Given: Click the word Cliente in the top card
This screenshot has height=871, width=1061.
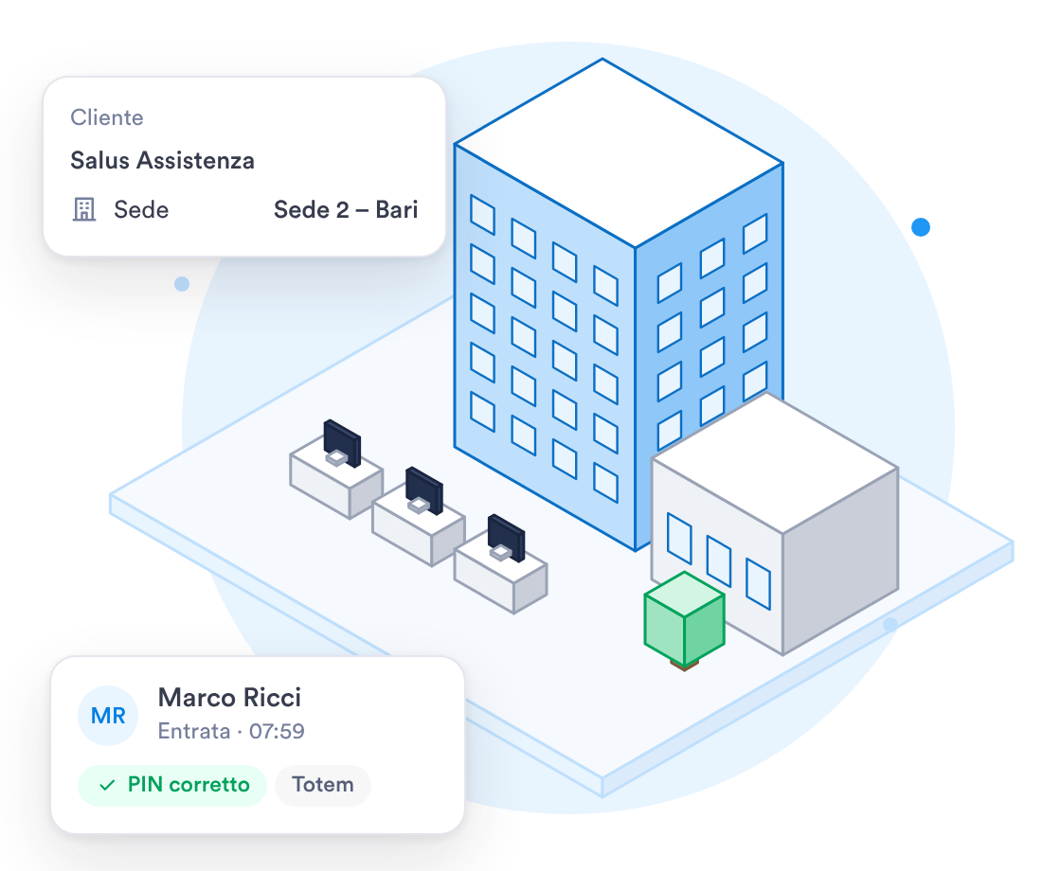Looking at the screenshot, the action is click(107, 117).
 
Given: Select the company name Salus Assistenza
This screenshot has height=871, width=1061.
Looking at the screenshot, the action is click(162, 160).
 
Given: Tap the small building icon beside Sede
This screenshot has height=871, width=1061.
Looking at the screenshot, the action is click(84, 209).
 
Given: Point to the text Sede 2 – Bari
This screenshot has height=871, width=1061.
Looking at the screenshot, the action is click(346, 209).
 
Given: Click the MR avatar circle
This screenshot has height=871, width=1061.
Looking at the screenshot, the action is click(108, 716).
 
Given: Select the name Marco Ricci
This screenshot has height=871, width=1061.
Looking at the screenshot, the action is click(229, 697).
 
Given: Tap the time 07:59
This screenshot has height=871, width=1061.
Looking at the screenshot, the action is click(277, 731).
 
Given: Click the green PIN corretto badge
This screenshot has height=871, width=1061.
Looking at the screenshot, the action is click(172, 785).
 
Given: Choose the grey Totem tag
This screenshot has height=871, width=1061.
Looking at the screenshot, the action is click(323, 785).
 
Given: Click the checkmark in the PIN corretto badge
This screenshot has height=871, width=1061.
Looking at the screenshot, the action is click(107, 785).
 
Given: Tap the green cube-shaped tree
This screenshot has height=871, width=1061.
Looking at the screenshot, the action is click(684, 616).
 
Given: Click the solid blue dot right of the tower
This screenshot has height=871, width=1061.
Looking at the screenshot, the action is click(920, 227).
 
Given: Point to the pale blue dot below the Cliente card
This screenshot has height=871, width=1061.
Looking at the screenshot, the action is click(181, 284).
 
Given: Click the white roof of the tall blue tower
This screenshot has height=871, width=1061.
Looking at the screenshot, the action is click(619, 153).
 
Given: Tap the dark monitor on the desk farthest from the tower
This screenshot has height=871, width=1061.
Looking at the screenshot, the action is click(342, 442).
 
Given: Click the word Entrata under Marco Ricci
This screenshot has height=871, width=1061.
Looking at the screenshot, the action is click(193, 731).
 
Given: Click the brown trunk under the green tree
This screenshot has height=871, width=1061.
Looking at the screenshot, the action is click(684, 667).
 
